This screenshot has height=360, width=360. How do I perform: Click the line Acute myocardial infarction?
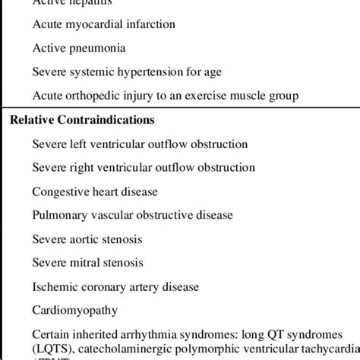104,24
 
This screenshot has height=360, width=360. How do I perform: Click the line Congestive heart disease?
99,191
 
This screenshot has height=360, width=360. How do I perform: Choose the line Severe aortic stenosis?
87,239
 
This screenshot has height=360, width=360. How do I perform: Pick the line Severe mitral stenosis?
87,263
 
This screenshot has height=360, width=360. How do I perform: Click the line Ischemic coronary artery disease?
115,287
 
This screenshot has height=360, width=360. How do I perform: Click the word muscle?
270,95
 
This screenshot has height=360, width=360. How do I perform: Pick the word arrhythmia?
172,335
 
